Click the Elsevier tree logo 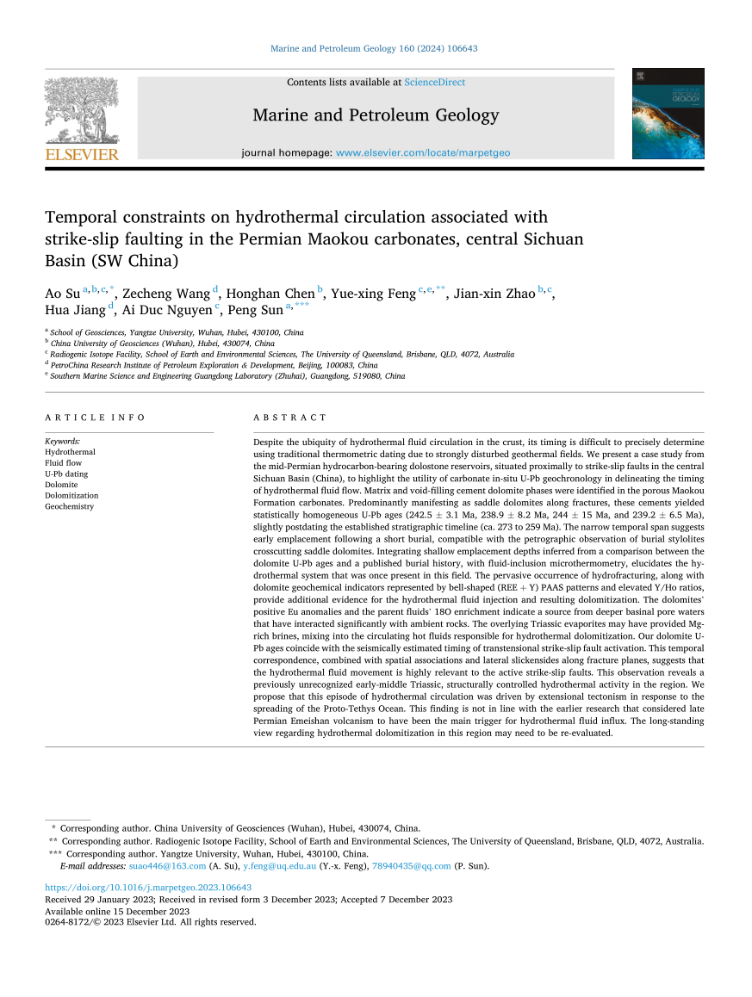click(x=82, y=109)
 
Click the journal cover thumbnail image click(x=668, y=114)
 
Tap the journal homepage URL click(x=422, y=152)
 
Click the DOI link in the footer click(x=148, y=888)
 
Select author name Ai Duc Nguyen click(x=168, y=312)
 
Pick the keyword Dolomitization click(x=71, y=496)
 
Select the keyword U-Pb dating click(x=66, y=474)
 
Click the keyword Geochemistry click(x=69, y=507)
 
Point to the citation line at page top click(x=374, y=48)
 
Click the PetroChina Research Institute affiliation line click(x=214, y=365)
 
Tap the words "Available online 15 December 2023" click(x=116, y=911)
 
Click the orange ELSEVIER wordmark click(x=82, y=154)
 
